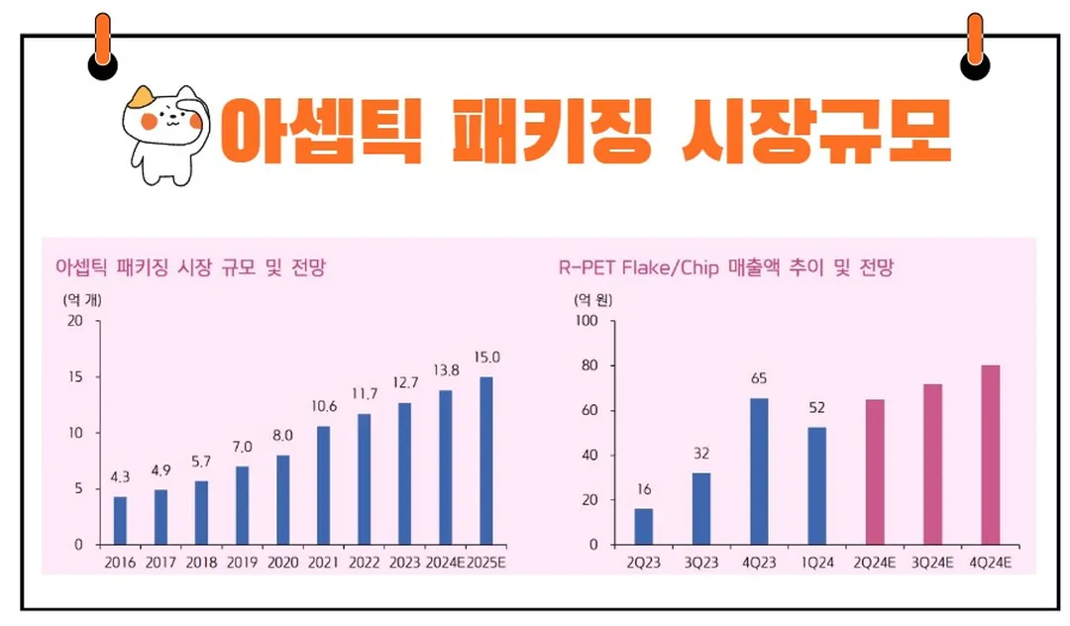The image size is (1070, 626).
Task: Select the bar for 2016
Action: [x=120, y=520]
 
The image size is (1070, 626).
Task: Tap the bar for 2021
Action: [x=324, y=485]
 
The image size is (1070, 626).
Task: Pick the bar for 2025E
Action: [x=486, y=461]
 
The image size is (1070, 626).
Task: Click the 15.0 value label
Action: [x=487, y=358]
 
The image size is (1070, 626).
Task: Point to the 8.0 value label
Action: [x=283, y=435]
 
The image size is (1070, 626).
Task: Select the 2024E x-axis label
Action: [x=445, y=562]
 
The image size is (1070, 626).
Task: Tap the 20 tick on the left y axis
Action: [x=75, y=321]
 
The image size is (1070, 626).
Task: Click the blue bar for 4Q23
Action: [x=760, y=471]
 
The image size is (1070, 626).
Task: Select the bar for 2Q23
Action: [x=644, y=526]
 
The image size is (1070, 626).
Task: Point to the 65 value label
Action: [x=760, y=377]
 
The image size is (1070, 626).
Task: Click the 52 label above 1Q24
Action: [x=816, y=406]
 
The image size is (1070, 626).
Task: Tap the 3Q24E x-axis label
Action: [x=932, y=562]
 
